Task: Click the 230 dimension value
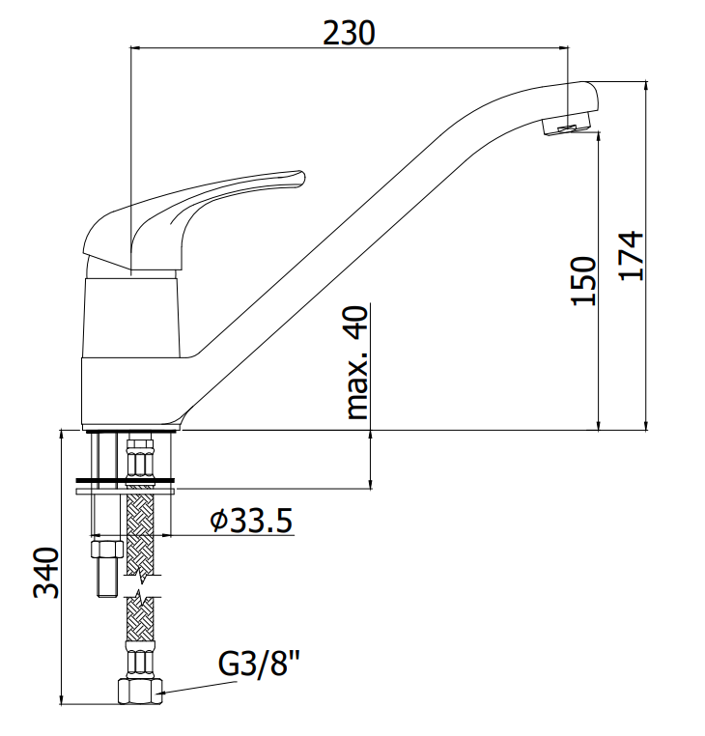pyautogui.click(x=349, y=33)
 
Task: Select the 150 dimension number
pyautogui.click(x=583, y=281)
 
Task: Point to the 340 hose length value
pyautogui.click(x=46, y=573)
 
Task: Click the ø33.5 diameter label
pyautogui.click(x=251, y=520)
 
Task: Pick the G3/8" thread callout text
pyautogui.click(x=259, y=663)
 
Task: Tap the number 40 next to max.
pyautogui.click(x=357, y=323)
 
